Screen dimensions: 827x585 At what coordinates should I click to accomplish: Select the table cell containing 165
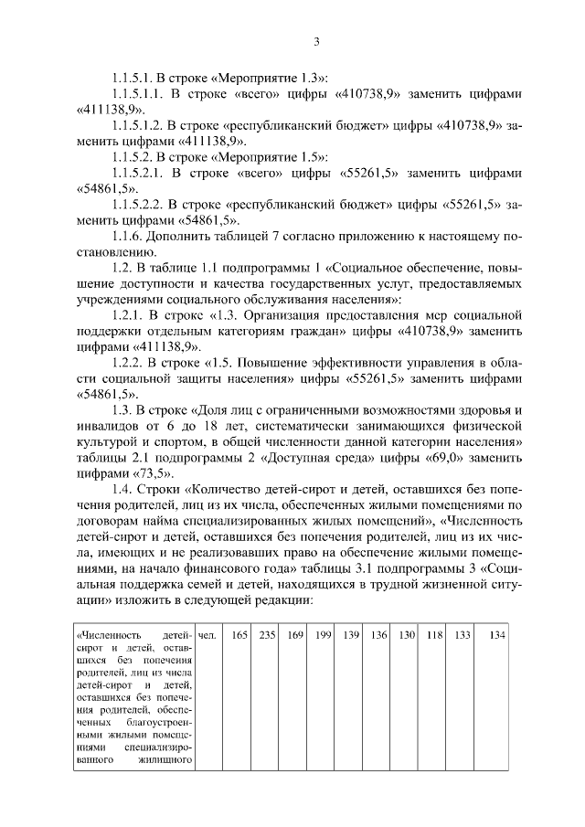(239, 635)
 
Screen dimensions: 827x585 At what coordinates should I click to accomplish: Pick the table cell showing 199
(323, 635)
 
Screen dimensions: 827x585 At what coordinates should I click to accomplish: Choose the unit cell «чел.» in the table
(207, 635)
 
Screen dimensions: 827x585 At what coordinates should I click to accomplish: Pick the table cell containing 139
(351, 635)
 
